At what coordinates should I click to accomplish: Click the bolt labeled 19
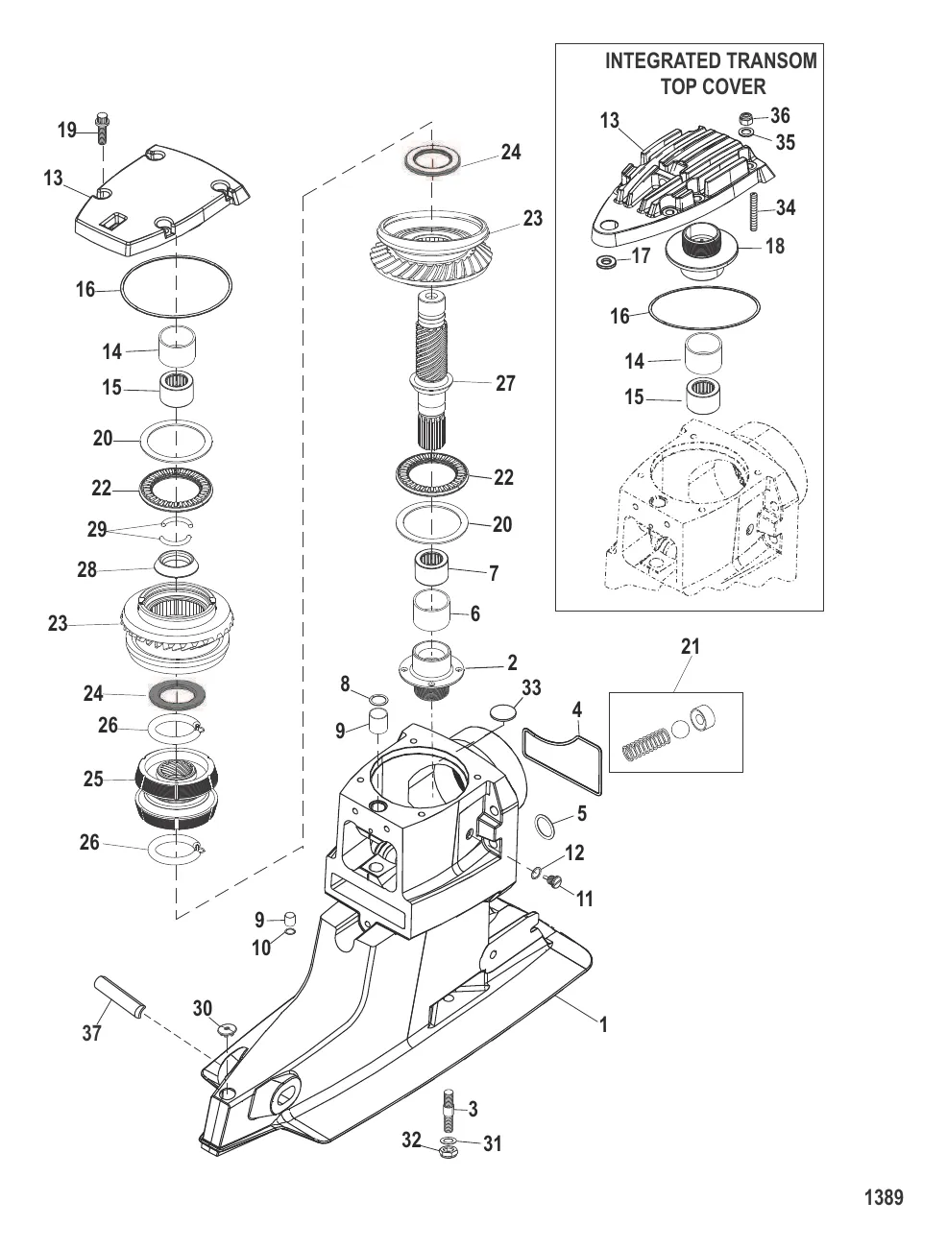[x=102, y=128]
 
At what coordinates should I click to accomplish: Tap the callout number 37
[x=91, y=1033]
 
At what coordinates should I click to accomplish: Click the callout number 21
[x=691, y=647]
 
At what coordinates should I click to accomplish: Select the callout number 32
[x=412, y=1141]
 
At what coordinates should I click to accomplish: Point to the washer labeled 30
[x=227, y=1030]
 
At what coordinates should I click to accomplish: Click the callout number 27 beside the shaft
[x=505, y=383]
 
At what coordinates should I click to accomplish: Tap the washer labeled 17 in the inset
[x=606, y=262]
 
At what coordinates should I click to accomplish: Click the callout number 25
[x=93, y=779]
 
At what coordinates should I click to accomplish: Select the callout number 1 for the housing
[x=604, y=1025]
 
